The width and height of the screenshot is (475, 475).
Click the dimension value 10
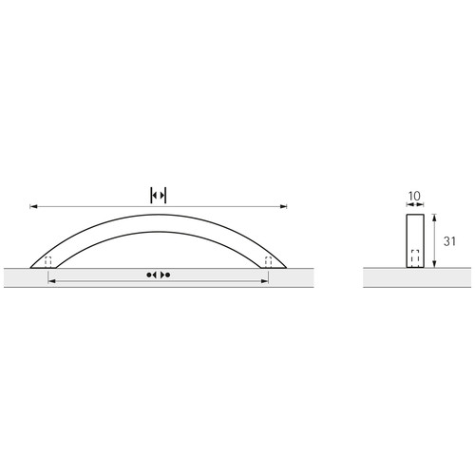point(414,196)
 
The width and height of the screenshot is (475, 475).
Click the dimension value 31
point(449,241)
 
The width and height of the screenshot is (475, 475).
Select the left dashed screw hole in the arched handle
point(47,262)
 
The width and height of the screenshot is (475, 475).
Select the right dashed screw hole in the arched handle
point(268,262)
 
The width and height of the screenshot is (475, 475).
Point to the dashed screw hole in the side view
point(415,258)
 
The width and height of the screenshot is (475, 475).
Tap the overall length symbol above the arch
point(159,196)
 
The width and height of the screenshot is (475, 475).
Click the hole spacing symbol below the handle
point(159,275)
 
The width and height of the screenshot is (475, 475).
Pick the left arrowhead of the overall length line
point(33,206)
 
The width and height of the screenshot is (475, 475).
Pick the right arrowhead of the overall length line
point(283,206)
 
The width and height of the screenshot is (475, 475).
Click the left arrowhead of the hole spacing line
point(51,281)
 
